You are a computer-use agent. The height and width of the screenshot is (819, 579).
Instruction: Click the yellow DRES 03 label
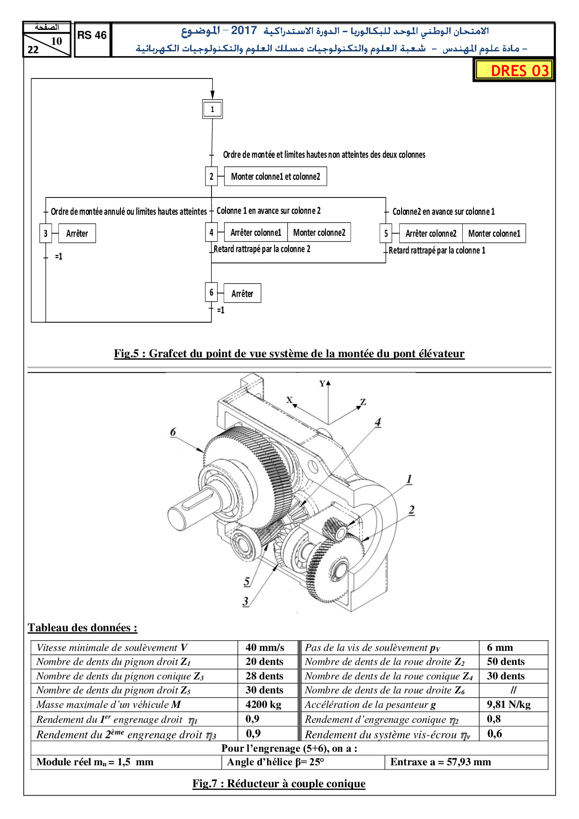(514, 71)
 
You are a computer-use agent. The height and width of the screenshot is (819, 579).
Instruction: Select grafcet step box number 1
(212, 109)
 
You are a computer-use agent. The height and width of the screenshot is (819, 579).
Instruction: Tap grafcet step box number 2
(211, 177)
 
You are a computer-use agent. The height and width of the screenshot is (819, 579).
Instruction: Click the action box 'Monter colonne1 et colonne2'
(275, 177)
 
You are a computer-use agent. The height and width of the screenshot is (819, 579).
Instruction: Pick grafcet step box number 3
(45, 233)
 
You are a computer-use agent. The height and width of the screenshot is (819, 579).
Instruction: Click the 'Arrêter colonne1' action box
(256, 233)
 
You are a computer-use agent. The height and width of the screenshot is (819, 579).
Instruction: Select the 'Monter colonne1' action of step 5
(494, 233)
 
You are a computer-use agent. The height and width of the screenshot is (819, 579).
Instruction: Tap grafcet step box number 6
(211, 293)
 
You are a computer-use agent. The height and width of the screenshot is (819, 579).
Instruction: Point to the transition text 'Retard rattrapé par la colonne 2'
(262, 249)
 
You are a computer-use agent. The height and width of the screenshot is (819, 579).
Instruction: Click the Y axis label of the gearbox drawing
(322, 384)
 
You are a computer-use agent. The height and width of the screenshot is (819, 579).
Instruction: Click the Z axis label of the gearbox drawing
(363, 402)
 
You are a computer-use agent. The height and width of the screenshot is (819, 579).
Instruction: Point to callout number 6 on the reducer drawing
(173, 432)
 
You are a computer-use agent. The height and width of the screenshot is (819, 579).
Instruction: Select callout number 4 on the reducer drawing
(378, 422)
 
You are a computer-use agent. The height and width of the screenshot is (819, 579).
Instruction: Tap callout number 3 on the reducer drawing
(246, 601)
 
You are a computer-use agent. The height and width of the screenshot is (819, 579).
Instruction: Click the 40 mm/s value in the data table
(265, 648)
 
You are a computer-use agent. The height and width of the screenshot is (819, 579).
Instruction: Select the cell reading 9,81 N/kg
(508, 705)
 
